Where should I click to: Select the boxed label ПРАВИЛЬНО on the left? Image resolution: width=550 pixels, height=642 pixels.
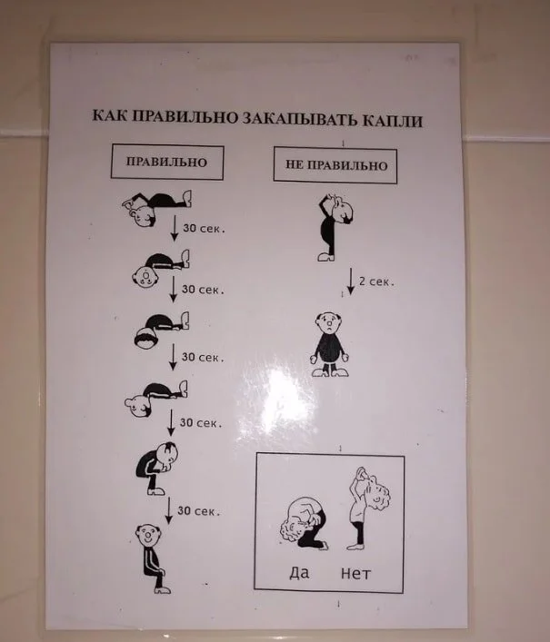166,162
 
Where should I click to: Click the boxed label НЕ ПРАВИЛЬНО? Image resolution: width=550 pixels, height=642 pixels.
336,165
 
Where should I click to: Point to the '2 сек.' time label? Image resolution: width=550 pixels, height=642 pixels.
376,281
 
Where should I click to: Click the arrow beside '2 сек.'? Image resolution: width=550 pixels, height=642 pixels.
350,281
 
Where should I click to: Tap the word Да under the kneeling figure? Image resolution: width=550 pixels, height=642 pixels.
300,572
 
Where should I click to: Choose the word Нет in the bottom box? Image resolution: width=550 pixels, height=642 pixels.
355,573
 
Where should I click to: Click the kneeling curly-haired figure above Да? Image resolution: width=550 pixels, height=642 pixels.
304,524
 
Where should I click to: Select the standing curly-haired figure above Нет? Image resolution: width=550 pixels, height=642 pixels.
367,509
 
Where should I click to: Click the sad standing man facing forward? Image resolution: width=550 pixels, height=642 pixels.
330,345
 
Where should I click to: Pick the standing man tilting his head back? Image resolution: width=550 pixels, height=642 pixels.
335,227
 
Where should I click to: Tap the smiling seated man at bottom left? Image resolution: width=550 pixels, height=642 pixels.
152,558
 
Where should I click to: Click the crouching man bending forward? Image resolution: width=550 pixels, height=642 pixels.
157,468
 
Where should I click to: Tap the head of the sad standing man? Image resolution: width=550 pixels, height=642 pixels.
329,324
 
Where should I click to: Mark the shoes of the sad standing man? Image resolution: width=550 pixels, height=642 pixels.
330,372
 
